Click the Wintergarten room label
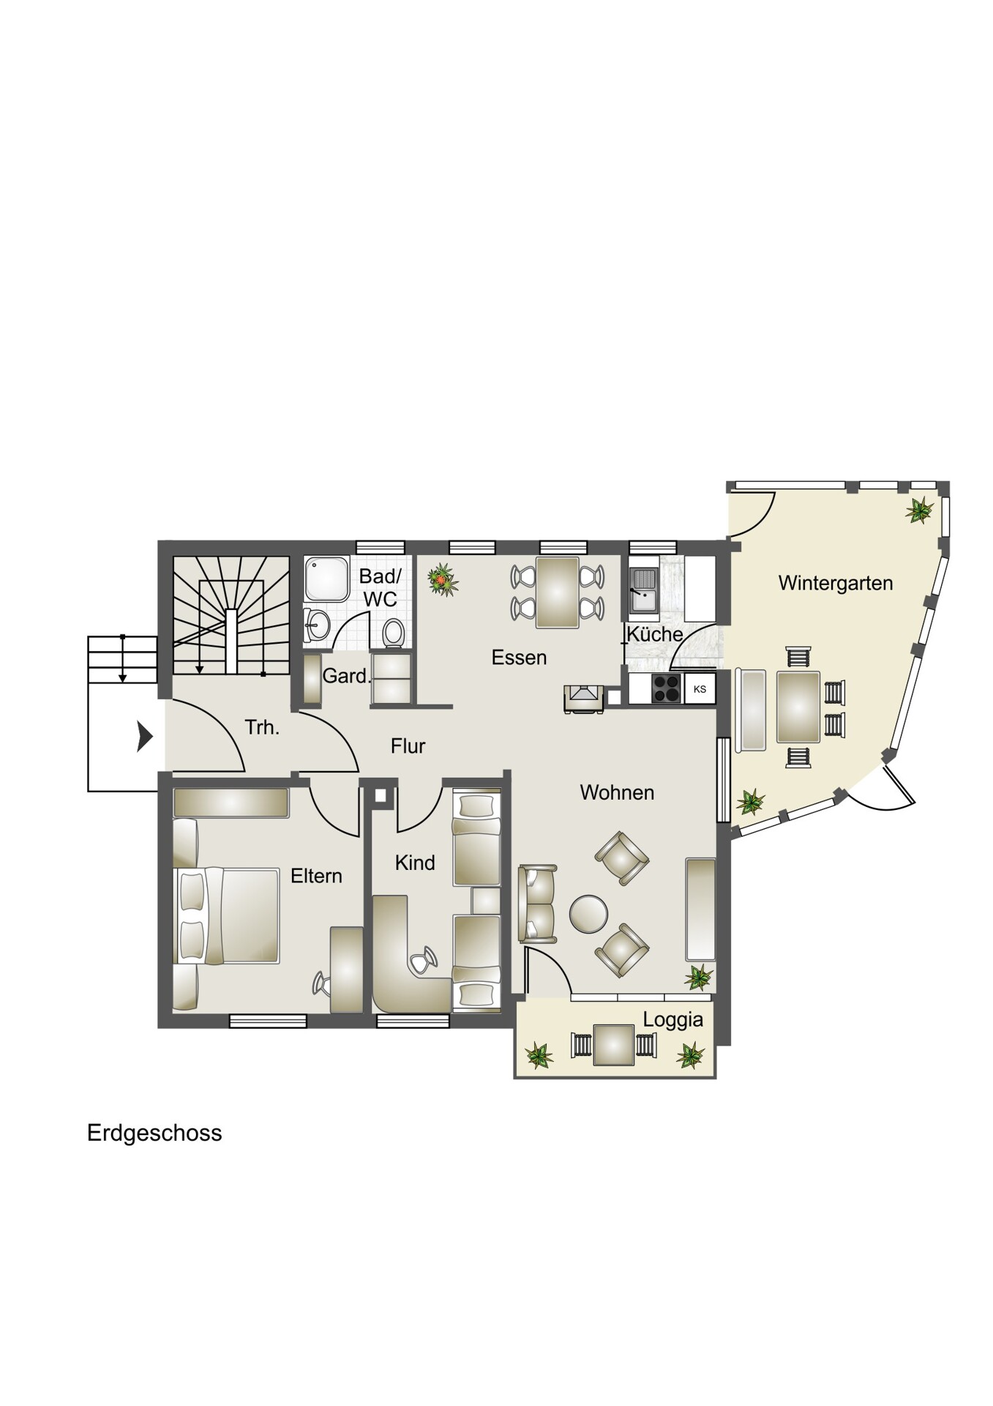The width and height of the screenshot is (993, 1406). [x=835, y=583]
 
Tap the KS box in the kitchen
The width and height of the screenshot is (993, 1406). [x=700, y=689]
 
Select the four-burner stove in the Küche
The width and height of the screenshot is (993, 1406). [x=667, y=689]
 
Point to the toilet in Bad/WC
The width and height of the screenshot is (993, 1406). [x=393, y=632]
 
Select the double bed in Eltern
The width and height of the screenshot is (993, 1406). [x=227, y=916]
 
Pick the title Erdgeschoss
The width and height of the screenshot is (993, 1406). [x=154, y=1133]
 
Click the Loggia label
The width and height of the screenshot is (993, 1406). [x=672, y=1020]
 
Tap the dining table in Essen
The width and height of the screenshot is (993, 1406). [x=558, y=592]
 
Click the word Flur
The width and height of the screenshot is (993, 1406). [x=408, y=746]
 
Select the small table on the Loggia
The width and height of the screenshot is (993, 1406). [x=614, y=1045]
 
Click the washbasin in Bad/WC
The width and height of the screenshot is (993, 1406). [x=318, y=625]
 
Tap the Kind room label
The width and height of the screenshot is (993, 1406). [x=415, y=863]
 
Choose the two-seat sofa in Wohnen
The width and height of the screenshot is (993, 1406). [x=537, y=903]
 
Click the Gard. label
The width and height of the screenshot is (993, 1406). [x=347, y=676]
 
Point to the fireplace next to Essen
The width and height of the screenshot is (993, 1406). [x=584, y=698]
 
